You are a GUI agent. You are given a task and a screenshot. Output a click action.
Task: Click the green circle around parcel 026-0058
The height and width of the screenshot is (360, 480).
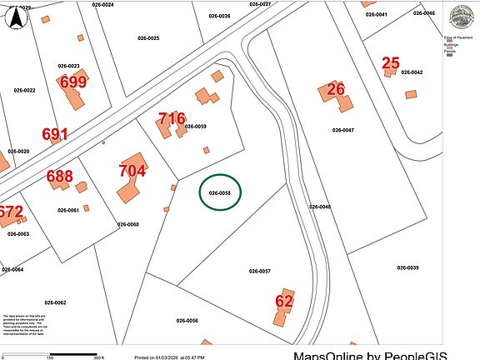click(x=220, y=192)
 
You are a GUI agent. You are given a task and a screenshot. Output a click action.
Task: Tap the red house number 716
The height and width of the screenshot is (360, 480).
click(x=172, y=119)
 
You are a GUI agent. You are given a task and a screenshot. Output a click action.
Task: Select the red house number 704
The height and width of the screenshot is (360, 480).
click(x=132, y=171)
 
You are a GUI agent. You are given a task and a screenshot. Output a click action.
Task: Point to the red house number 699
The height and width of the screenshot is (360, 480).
click(x=73, y=82)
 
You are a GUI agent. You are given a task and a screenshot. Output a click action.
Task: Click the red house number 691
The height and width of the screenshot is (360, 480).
click(x=55, y=133)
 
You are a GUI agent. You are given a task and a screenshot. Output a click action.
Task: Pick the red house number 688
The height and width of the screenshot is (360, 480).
click(x=59, y=176)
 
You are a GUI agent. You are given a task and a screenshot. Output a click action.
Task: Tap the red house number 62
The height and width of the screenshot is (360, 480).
click(x=284, y=301)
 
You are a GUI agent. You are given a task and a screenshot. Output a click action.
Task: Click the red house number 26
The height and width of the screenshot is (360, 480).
click(x=336, y=89)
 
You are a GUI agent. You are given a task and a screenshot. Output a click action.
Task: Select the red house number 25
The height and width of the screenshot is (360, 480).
click(x=391, y=62)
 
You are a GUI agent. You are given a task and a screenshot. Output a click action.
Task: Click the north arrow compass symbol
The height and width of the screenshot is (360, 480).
click(x=15, y=20)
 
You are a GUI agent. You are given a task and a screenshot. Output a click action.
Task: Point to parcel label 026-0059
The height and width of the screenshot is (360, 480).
click(x=195, y=127)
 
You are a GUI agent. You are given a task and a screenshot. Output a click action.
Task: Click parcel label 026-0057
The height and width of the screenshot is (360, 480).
click(x=260, y=272)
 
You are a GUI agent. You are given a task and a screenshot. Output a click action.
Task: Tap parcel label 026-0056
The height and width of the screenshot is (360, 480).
click(x=187, y=321)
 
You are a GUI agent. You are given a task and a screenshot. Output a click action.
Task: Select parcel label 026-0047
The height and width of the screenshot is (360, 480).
click(x=343, y=130)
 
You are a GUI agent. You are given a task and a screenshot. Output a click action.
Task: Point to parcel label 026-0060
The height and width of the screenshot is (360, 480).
click(x=127, y=224)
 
